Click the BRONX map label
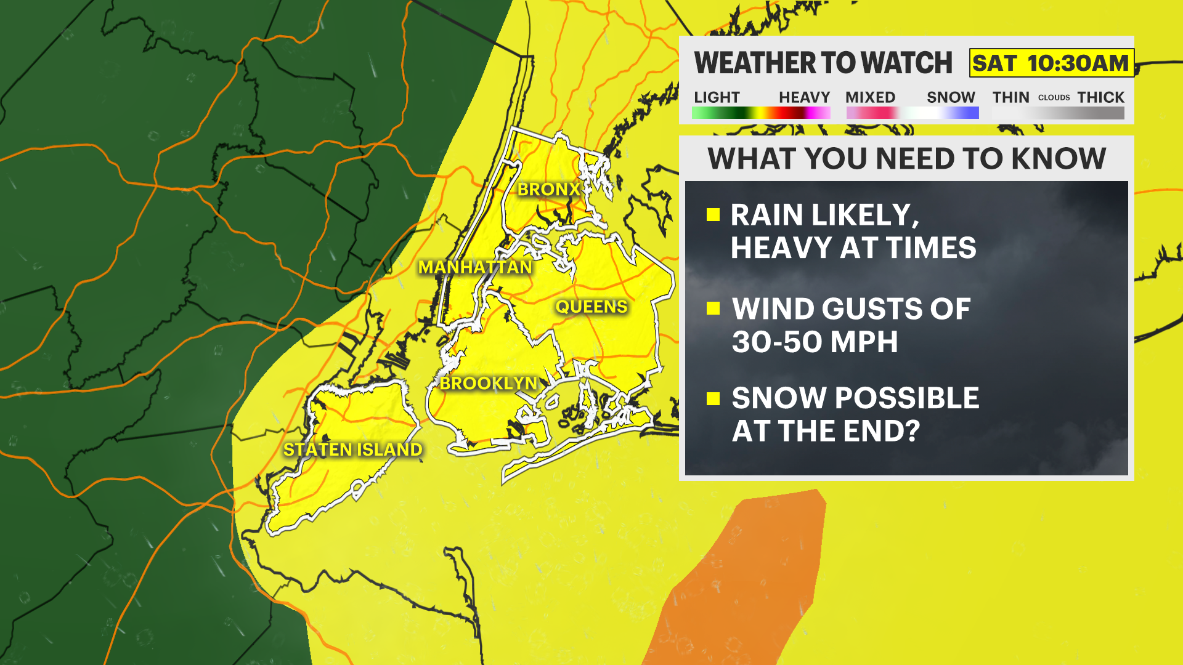pyautogui.click(x=548, y=189)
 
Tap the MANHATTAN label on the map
pyautogui.click(x=475, y=267)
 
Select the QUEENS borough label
pyautogui.click(x=591, y=307)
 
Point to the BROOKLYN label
pyautogui.click(x=489, y=383)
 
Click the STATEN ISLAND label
pyautogui.click(x=352, y=449)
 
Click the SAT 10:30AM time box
pyautogui.click(x=1051, y=63)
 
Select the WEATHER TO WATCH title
pyautogui.click(x=823, y=63)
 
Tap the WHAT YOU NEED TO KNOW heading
pyautogui.click(x=906, y=159)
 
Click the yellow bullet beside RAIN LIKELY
pyautogui.click(x=713, y=214)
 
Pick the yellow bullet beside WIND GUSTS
pyautogui.click(x=713, y=308)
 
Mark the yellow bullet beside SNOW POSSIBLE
pyautogui.click(x=713, y=398)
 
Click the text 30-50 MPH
pyautogui.click(x=815, y=342)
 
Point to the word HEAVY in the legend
pyautogui.click(x=804, y=97)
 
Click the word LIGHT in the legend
pyautogui.click(x=717, y=97)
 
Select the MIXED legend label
pyautogui.click(x=870, y=97)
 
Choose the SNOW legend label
pyautogui.click(x=951, y=97)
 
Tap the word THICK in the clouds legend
pyautogui.click(x=1100, y=97)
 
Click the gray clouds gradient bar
pyautogui.click(x=1058, y=113)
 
